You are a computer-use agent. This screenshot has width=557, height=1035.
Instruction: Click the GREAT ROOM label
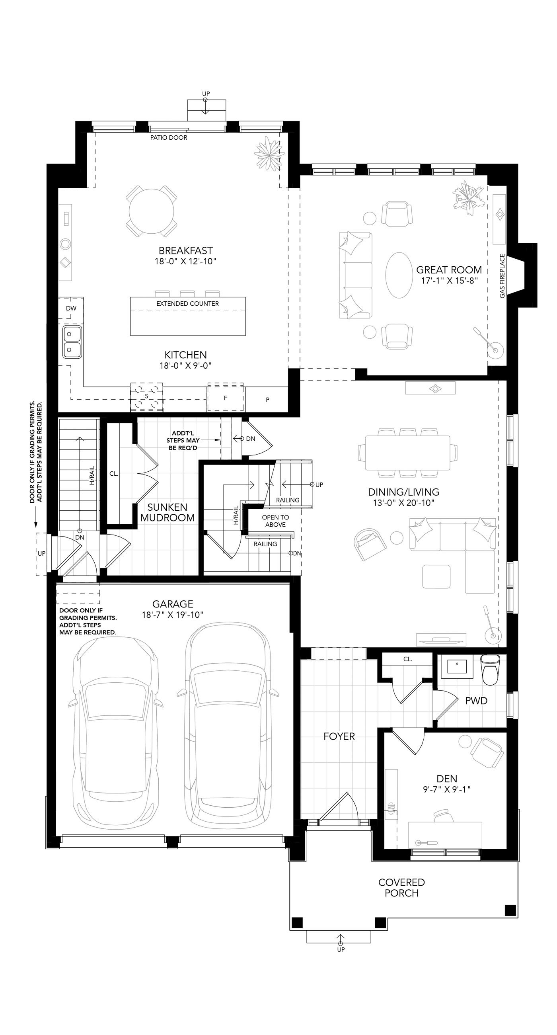[x=448, y=269]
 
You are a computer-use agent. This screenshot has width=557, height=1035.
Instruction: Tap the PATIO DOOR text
[x=169, y=137]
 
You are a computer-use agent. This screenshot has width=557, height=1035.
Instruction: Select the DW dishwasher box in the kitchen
[x=71, y=308]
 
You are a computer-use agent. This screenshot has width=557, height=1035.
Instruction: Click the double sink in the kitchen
[x=72, y=342]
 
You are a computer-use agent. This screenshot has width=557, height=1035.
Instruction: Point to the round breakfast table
[x=152, y=211]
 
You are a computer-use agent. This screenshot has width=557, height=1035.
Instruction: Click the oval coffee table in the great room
[x=399, y=275]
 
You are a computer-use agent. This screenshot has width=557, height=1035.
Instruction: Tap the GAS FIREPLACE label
[x=502, y=275]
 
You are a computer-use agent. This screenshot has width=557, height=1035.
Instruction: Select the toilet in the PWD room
[x=490, y=670]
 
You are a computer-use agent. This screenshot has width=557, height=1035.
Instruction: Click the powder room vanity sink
[x=458, y=665]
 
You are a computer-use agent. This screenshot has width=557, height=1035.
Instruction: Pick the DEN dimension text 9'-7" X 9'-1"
[x=446, y=789]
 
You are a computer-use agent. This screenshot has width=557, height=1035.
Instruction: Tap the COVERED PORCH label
[x=401, y=888]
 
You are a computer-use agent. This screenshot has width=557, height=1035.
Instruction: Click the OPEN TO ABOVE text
[x=275, y=521]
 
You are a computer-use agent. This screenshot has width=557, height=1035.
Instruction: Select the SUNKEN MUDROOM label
[x=167, y=512]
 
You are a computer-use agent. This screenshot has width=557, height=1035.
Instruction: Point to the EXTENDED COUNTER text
[x=187, y=304]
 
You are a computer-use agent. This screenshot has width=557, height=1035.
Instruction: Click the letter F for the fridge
[x=226, y=398]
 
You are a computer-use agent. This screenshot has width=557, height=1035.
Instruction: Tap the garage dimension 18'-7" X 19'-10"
[x=173, y=615]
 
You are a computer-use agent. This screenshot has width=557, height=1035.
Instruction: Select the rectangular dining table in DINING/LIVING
[x=408, y=452]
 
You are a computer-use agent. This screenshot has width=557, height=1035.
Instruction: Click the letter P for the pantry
[x=267, y=400]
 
